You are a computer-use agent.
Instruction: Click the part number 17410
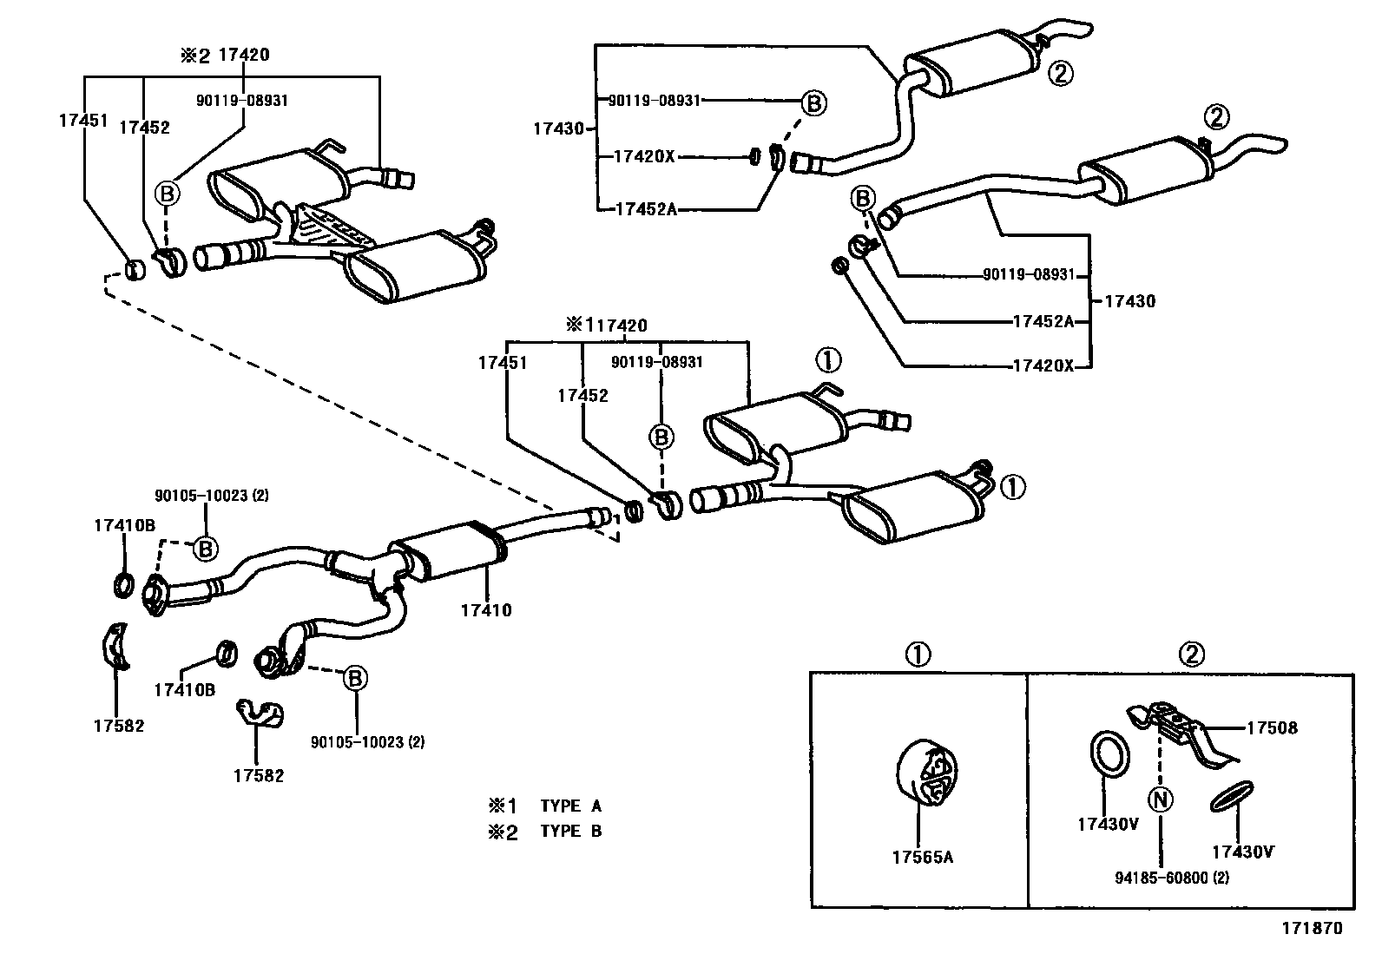tap(486, 610)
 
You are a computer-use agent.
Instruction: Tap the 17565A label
tap(923, 857)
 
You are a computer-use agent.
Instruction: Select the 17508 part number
tap(1272, 728)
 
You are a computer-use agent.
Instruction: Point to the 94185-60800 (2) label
tap(1172, 878)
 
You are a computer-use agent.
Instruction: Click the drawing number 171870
tap(1312, 928)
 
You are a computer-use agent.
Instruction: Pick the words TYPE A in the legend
tap(570, 806)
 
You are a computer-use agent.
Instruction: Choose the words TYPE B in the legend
tap(570, 832)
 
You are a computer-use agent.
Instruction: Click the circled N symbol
tap(1160, 800)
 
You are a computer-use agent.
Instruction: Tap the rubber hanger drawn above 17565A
tap(925, 773)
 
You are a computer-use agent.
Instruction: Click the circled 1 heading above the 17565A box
tap(918, 655)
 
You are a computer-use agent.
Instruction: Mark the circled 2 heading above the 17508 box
tap(1191, 655)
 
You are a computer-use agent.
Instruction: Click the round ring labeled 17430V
tap(1110, 753)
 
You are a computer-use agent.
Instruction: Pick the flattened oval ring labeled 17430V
tap(1232, 797)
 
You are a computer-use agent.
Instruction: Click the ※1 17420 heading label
tap(607, 326)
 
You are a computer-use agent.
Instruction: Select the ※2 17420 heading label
tap(225, 55)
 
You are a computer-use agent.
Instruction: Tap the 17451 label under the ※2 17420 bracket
tap(83, 121)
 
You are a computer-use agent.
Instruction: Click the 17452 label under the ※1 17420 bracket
tap(583, 396)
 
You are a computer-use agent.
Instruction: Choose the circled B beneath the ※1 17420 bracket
tap(661, 438)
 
